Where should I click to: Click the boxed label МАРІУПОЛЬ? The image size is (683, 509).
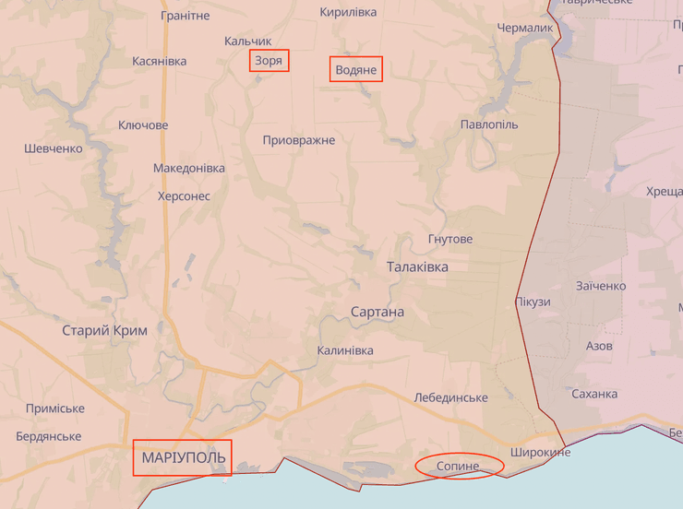click(x=183, y=457)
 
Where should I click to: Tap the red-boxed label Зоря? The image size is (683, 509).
click(x=269, y=61)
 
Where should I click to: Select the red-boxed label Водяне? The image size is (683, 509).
click(x=355, y=69)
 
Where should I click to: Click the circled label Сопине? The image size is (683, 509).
click(x=459, y=466)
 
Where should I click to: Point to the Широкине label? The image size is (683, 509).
click(x=540, y=452)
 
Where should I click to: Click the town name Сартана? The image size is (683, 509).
click(x=377, y=312)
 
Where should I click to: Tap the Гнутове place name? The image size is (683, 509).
click(x=450, y=239)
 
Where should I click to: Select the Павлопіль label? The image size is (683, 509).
click(x=489, y=124)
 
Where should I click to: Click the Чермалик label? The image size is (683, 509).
click(x=525, y=28)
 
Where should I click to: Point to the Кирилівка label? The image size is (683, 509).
click(x=348, y=12)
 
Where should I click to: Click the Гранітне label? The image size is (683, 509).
click(x=185, y=16)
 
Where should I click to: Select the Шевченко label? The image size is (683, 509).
click(x=54, y=148)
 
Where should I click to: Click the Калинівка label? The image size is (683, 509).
click(x=345, y=350)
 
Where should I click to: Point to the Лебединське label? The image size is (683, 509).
click(x=451, y=397)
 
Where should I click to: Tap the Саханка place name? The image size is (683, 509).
click(x=594, y=394)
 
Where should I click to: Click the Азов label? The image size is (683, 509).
click(x=599, y=346)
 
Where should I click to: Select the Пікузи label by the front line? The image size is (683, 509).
click(x=533, y=302)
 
